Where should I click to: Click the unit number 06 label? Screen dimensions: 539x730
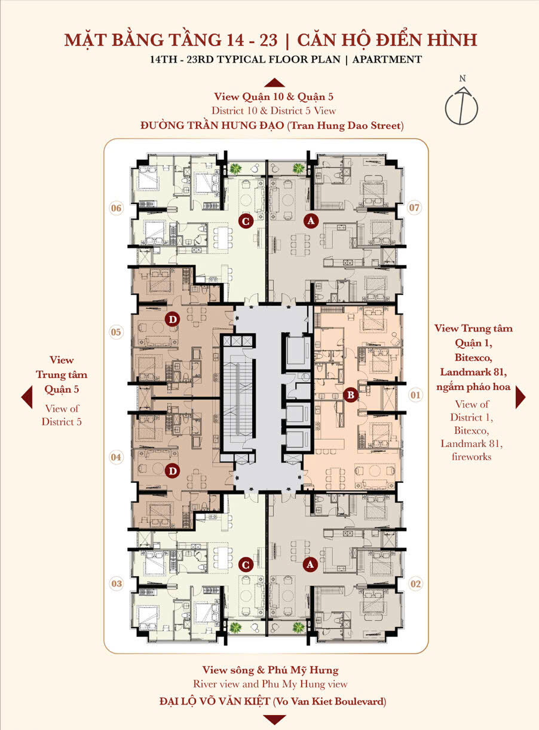click(116, 208)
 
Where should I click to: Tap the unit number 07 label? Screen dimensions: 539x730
click(415, 208)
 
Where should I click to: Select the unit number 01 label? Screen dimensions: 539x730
click(415, 395)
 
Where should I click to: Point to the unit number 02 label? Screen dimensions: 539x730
click(415, 584)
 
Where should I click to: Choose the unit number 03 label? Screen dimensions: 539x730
click(117, 584)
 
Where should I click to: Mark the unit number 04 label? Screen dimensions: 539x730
click(116, 457)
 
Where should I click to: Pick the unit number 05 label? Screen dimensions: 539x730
click(116, 332)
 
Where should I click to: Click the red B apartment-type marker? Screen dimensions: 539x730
click(351, 395)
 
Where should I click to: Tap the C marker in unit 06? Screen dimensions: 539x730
click(246, 221)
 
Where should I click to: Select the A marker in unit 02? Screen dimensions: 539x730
click(310, 565)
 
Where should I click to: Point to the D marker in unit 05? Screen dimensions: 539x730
click(173, 319)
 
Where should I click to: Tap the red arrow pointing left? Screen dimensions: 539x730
click(27, 397)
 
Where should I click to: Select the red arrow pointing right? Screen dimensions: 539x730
click(520, 397)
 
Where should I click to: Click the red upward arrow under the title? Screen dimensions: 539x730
click(274, 83)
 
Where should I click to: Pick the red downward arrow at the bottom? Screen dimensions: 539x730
click(274, 720)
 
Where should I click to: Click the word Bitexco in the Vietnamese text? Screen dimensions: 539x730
click(473, 358)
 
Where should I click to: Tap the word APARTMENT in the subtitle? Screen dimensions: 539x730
click(387, 60)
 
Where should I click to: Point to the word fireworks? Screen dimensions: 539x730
click(471, 457)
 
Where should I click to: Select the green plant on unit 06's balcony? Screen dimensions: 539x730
click(235, 169)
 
